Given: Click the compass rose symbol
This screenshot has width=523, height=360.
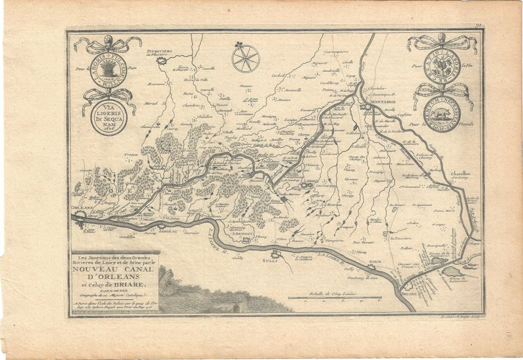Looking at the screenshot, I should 246,57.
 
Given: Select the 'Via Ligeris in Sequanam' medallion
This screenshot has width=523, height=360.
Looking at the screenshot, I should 108,118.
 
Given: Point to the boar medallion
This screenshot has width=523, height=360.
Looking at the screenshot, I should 442,112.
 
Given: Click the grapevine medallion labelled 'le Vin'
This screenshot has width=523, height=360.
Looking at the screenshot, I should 442,65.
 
